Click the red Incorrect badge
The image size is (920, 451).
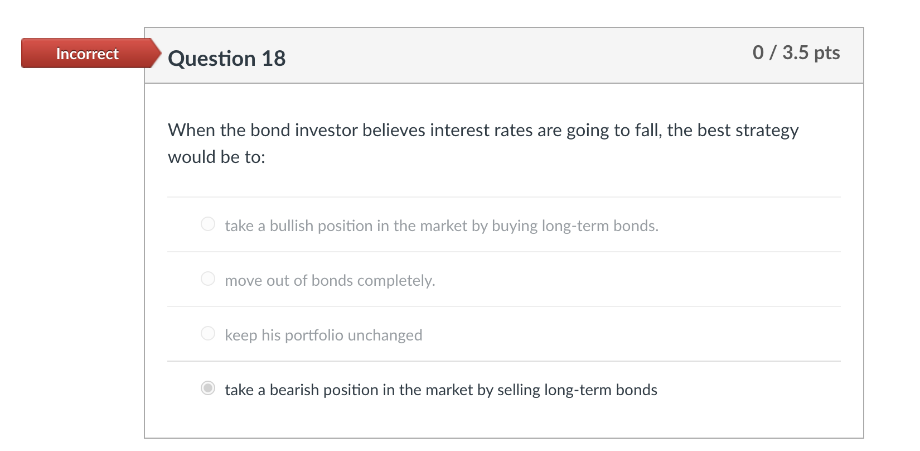tap(87, 54)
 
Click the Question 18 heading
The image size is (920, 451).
tap(226, 59)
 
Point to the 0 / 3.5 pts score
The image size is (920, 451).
tap(796, 52)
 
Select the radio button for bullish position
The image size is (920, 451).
tap(208, 224)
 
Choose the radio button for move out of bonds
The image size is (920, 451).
tap(208, 279)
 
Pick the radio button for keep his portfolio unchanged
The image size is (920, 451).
tap(208, 334)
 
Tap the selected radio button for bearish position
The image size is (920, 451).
tap(208, 388)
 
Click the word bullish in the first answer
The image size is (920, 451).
tap(292, 226)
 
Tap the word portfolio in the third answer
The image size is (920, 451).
tap(314, 335)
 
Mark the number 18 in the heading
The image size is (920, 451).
tap(273, 59)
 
